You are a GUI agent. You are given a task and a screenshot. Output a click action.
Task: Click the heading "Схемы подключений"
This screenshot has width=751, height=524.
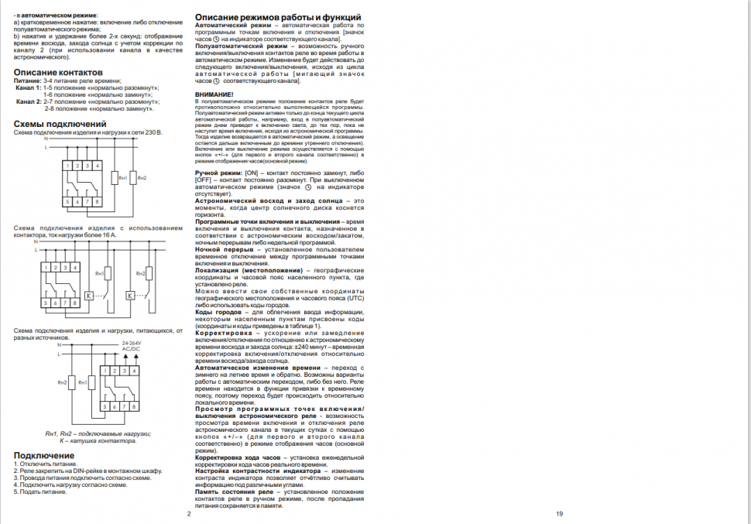pyautogui.click(x=60, y=124)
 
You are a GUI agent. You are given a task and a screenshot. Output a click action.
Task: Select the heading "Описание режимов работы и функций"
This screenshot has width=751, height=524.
pyautogui.click(x=277, y=17)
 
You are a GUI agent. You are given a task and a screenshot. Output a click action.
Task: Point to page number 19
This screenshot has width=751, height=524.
pyautogui.click(x=560, y=513)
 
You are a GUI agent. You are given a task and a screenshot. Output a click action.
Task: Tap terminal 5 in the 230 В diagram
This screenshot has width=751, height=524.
pyautogui.click(x=69, y=202)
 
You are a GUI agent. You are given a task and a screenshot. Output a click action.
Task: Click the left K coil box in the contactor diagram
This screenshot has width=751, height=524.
pyautogui.click(x=88, y=295)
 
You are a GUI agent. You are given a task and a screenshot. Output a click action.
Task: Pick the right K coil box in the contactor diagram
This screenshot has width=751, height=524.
pyautogui.click(x=130, y=295)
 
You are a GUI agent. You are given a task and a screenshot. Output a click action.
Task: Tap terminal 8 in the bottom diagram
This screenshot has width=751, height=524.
pyautogui.click(x=134, y=406)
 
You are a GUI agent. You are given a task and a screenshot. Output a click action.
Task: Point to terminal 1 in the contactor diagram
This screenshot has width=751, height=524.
pyautogui.click(x=46, y=267)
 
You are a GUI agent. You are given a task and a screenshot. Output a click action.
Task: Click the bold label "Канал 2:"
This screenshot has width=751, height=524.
pyautogui.click(x=29, y=101)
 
